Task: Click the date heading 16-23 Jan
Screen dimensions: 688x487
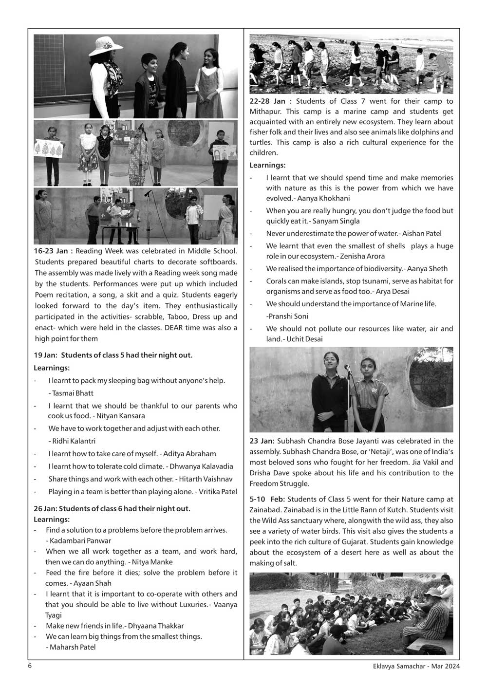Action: [54, 251]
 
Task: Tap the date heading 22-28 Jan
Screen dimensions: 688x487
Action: [270, 101]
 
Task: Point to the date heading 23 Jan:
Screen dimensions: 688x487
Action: [262, 441]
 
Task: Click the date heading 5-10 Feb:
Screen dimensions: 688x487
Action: [267, 499]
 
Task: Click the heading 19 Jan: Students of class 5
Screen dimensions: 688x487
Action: [113, 355]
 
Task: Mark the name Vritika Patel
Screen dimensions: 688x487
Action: [217, 492]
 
